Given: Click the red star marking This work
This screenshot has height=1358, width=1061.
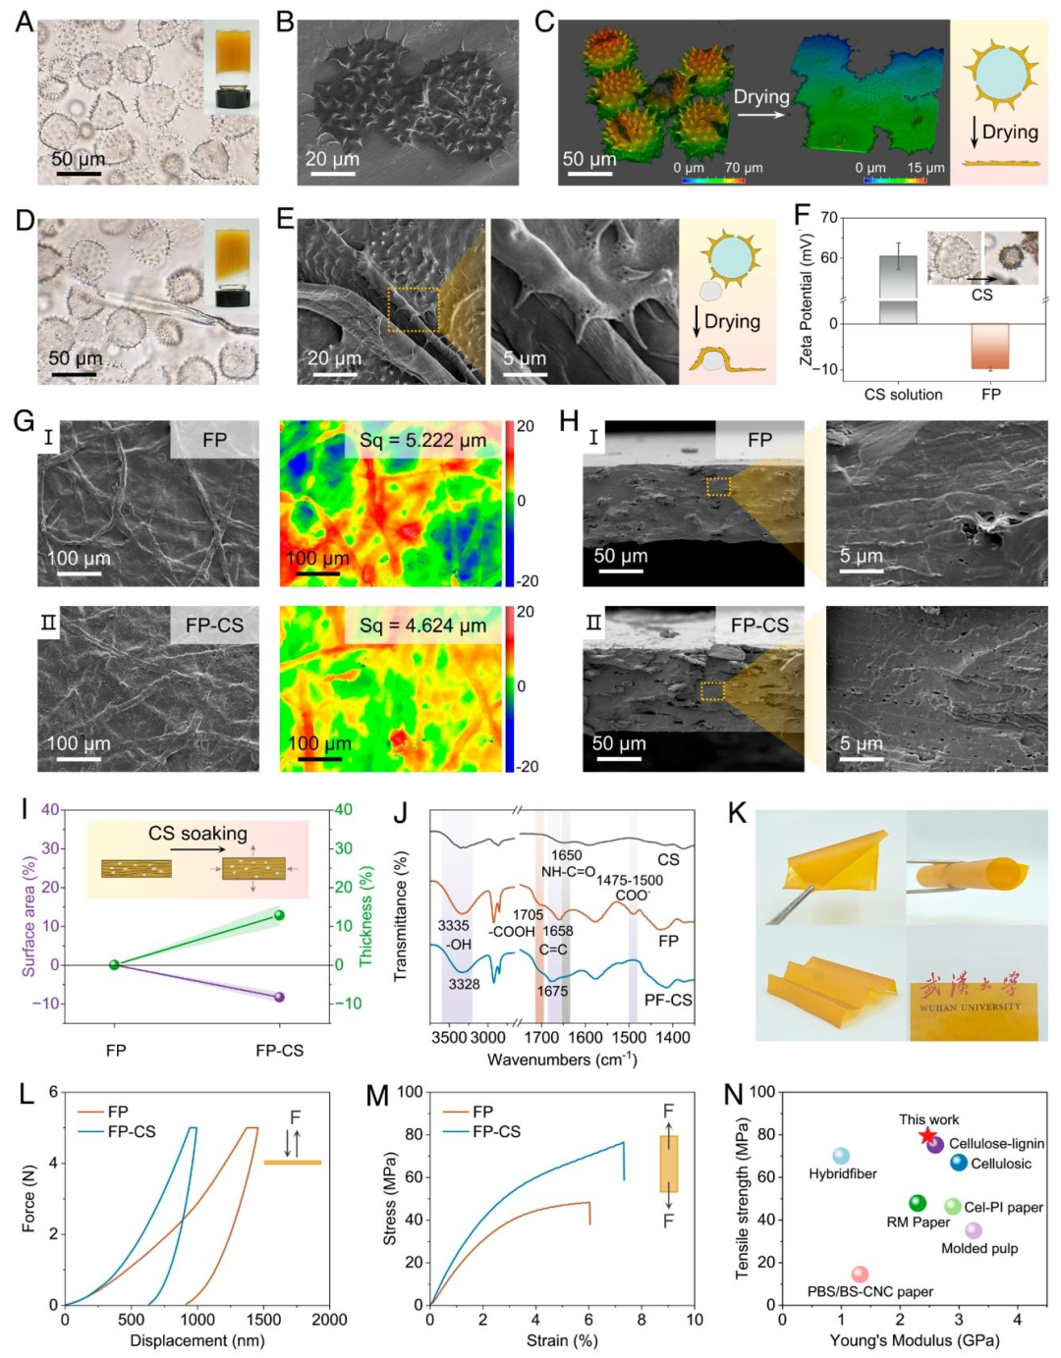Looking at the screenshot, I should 927,1136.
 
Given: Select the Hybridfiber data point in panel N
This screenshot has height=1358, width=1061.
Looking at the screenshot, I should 841,1157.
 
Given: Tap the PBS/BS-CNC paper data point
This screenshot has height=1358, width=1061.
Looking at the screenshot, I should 860,1275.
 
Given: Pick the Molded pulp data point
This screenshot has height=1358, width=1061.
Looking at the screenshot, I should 974,1230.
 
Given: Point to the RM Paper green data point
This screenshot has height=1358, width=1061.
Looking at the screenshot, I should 918,1203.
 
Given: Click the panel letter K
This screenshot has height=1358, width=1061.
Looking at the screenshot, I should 736,813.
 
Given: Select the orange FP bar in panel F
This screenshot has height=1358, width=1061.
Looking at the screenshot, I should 990,347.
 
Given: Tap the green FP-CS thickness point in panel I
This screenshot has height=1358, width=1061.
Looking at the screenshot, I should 279,915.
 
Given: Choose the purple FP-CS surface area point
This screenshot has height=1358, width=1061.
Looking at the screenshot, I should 279,997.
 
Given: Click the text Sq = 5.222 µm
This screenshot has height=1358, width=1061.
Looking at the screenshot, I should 422,440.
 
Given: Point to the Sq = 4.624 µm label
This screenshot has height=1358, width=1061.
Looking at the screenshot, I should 422,625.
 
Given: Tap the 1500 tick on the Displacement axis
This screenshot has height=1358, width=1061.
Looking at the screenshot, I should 263,1320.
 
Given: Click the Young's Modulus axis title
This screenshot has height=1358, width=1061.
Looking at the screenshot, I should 914,1340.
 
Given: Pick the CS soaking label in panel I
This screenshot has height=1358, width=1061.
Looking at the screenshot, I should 197,834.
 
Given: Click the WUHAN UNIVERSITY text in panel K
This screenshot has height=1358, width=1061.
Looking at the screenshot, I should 971,1007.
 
